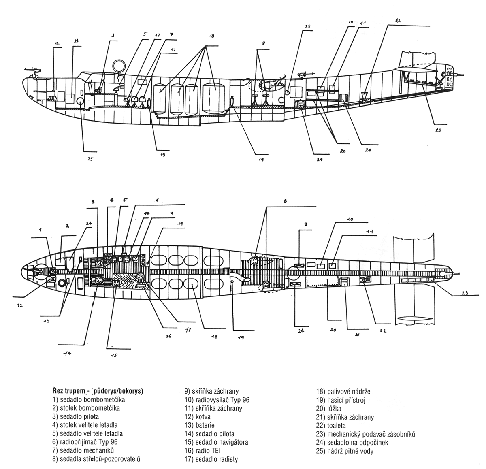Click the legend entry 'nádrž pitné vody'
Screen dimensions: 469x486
pyautogui.click(x=345, y=451)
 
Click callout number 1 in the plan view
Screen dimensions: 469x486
pyautogui.click(x=40, y=230)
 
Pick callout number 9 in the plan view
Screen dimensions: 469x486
pyautogui.click(x=306, y=224)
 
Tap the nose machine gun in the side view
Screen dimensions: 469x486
pyautogui.click(x=32, y=69)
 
